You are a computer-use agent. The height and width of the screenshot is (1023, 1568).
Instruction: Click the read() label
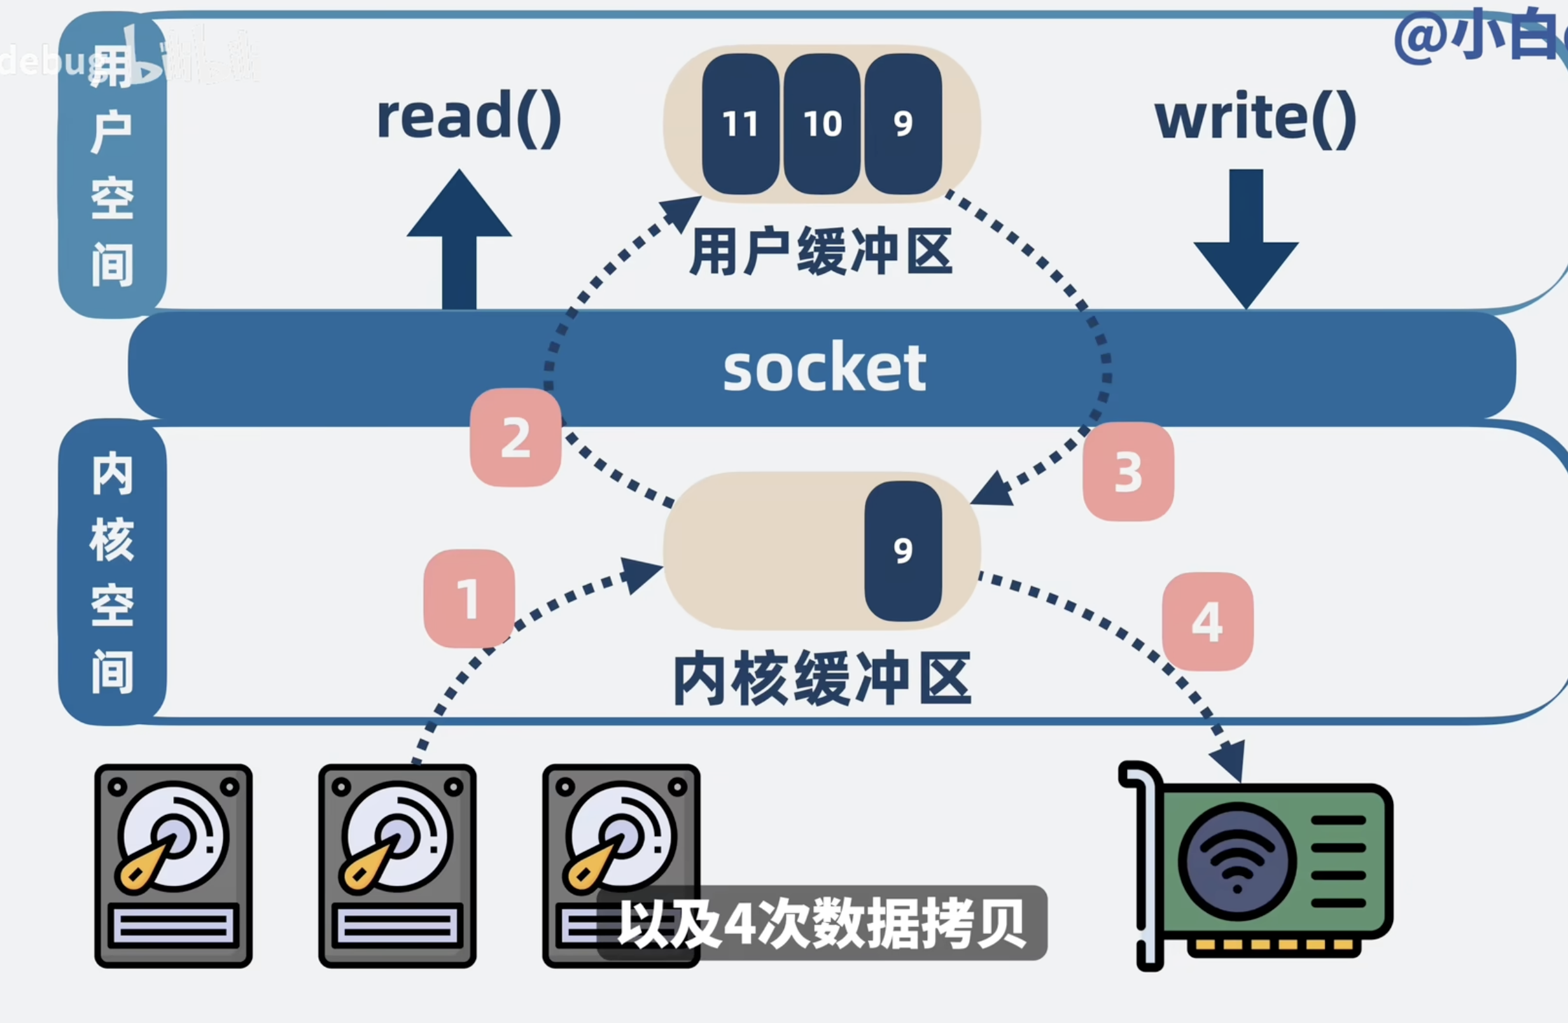click(468, 117)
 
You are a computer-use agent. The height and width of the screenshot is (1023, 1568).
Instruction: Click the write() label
click(1255, 117)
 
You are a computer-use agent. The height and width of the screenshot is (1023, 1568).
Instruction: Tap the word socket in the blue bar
click(824, 368)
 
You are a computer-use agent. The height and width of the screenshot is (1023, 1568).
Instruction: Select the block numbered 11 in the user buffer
click(741, 124)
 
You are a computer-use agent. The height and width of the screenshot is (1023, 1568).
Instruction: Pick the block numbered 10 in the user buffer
click(822, 124)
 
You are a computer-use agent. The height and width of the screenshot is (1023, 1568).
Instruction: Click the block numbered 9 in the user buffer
click(903, 124)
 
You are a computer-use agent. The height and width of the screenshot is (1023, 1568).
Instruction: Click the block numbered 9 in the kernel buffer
click(903, 551)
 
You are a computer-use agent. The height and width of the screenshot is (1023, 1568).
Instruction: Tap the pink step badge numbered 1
click(469, 598)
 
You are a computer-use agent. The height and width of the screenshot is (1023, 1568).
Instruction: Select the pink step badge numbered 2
click(515, 438)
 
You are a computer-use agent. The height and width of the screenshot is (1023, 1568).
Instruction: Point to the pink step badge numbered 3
click(1128, 471)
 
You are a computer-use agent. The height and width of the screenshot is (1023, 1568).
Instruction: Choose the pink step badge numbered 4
click(1208, 621)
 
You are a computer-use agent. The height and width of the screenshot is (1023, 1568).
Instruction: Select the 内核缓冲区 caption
click(822, 678)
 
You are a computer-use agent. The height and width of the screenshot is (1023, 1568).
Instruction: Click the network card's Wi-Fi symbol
click(1236, 861)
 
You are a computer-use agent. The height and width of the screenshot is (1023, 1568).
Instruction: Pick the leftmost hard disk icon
click(173, 865)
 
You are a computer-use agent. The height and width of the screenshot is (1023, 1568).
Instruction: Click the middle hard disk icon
click(397, 865)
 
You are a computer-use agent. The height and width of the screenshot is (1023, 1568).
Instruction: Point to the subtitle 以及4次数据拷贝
click(822, 922)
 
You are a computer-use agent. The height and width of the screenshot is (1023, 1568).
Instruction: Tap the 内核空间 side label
click(112, 572)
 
